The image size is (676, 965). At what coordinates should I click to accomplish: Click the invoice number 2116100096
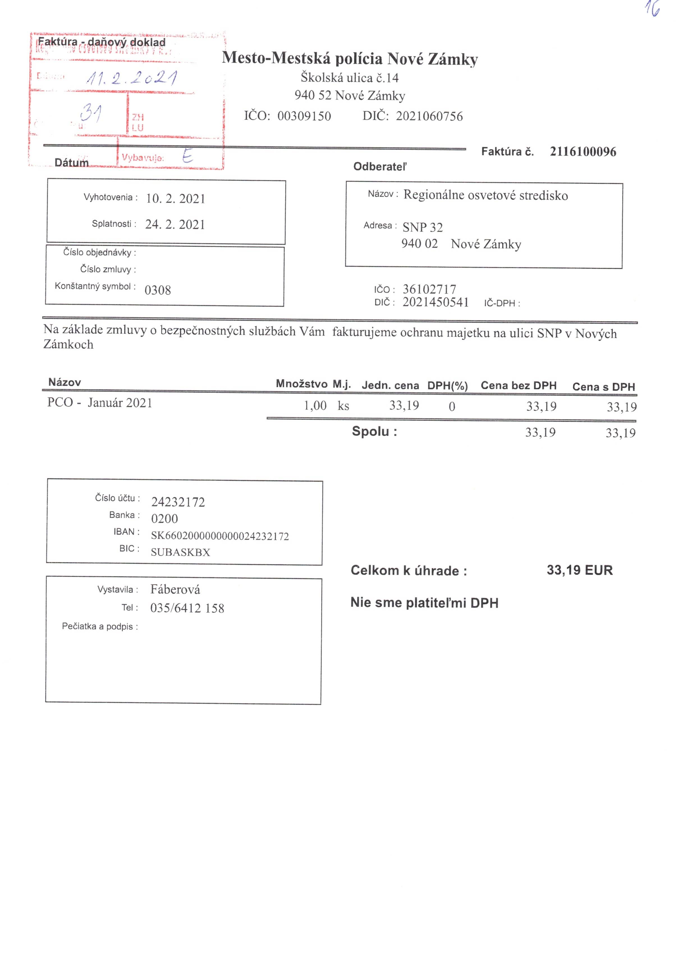coord(583,152)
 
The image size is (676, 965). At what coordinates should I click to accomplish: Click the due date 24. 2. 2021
coord(175,224)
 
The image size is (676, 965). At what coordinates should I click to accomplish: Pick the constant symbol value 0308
coord(157,290)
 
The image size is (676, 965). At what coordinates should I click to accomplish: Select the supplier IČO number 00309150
coord(304,116)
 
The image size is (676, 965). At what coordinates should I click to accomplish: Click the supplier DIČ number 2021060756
coord(429,116)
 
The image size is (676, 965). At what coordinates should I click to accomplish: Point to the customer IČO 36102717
coord(429,289)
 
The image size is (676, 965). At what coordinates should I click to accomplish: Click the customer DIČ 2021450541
coord(435,302)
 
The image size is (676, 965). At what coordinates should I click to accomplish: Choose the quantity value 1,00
coord(315,406)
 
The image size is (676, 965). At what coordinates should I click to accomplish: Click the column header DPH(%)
coord(448,386)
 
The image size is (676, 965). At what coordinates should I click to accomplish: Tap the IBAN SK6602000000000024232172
coord(220,536)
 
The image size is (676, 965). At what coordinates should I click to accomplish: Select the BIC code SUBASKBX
coord(180,552)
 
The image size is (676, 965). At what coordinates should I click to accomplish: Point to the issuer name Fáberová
coord(175,589)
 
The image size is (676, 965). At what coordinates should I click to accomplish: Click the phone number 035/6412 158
coord(187,608)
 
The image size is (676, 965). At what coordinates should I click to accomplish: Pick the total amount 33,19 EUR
coord(579,570)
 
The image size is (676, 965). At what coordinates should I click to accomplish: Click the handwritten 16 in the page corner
coord(652,9)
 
